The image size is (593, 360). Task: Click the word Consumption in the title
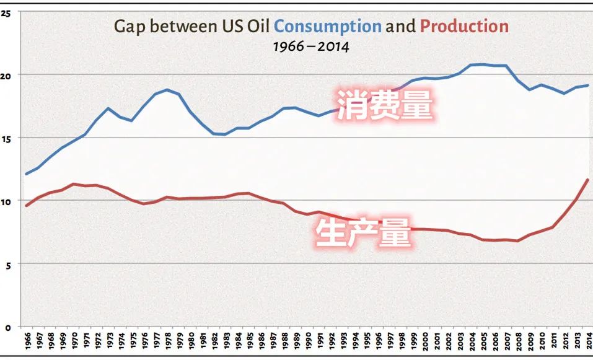pyautogui.click(x=327, y=27)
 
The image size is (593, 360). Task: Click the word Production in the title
pyautogui.click(x=464, y=27)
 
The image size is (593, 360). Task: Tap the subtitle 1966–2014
pyautogui.click(x=311, y=46)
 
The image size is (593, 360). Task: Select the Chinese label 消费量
pyautogui.click(x=384, y=103)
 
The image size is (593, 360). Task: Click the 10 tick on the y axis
pyautogui.click(x=6, y=201)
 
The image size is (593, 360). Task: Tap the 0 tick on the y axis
pyautogui.click(x=6, y=327)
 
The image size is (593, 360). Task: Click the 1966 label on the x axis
pyautogui.click(x=27, y=343)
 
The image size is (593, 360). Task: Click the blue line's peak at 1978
pyautogui.click(x=167, y=90)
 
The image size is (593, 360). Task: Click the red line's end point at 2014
pyautogui.click(x=587, y=180)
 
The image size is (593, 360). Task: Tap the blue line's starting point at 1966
pyautogui.click(x=27, y=173)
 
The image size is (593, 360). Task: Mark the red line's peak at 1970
pyautogui.click(x=73, y=184)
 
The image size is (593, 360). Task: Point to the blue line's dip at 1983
pyautogui.click(x=225, y=134)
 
